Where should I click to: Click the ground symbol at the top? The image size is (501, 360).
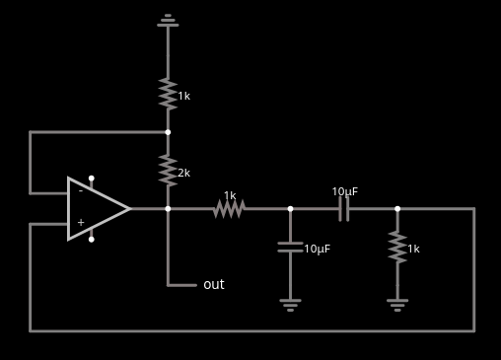click(168, 18)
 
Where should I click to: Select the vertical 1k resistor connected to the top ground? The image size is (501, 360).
click(168, 95)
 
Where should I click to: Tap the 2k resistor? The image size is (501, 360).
click(168, 171)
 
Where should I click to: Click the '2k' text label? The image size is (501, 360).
click(184, 173)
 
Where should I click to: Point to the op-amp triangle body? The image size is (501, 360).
click(97, 208)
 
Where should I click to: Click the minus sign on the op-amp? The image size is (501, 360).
click(81, 191)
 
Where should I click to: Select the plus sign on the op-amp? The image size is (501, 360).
click(81, 223)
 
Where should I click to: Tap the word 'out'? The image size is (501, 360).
click(214, 285)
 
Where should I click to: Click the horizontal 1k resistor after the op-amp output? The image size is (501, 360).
click(229, 208)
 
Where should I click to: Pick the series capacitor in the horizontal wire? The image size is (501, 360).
click(343, 208)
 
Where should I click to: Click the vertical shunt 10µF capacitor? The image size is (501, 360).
click(290, 247)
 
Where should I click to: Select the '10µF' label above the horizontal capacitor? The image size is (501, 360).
click(345, 191)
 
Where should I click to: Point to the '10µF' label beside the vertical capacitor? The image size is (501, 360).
click(318, 249)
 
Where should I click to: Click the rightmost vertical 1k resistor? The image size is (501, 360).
click(397, 247)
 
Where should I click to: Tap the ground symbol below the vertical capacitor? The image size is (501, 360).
click(290, 304)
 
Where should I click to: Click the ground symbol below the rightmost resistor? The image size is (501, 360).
click(397, 304)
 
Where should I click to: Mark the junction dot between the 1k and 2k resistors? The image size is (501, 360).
click(168, 132)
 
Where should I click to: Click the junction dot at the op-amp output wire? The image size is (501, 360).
click(168, 208)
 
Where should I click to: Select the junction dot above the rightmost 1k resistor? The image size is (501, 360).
click(397, 208)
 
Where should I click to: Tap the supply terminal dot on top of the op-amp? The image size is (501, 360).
click(92, 179)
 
